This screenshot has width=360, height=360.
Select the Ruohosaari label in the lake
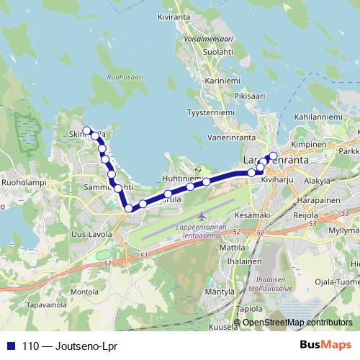125,76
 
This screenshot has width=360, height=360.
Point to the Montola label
84,292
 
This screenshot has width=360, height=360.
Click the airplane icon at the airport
202,215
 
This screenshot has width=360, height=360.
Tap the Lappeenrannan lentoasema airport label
200,230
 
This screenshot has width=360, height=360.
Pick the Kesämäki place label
252,215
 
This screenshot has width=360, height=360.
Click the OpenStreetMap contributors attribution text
297,322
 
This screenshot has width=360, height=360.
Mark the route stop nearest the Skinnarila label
87,130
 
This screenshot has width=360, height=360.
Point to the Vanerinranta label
232,136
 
